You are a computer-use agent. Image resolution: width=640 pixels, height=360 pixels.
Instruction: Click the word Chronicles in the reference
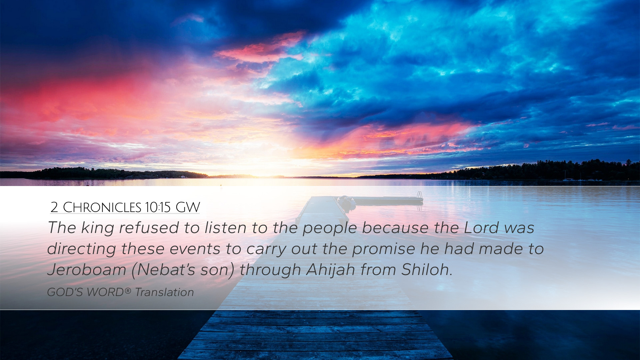coord(102,207)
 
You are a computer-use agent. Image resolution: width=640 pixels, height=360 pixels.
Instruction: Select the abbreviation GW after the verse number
coord(188,207)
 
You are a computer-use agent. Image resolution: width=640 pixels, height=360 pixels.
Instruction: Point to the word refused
coord(149,228)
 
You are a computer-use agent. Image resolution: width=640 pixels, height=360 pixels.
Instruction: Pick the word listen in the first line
coord(226,228)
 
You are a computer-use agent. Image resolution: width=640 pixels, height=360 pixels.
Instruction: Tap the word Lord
coord(481,228)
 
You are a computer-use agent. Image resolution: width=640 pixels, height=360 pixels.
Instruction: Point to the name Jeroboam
coord(87,270)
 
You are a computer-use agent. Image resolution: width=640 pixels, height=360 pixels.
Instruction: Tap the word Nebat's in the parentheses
coord(166,270)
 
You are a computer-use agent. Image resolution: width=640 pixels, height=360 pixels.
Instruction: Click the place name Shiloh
coord(427,270)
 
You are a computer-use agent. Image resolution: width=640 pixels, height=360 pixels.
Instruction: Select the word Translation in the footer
coord(164,292)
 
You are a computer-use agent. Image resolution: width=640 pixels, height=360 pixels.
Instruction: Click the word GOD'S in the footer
coord(65,292)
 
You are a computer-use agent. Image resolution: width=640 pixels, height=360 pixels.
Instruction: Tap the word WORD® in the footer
coord(109,292)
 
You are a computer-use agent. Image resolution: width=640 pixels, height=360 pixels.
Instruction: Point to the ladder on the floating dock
coord(420,195)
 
